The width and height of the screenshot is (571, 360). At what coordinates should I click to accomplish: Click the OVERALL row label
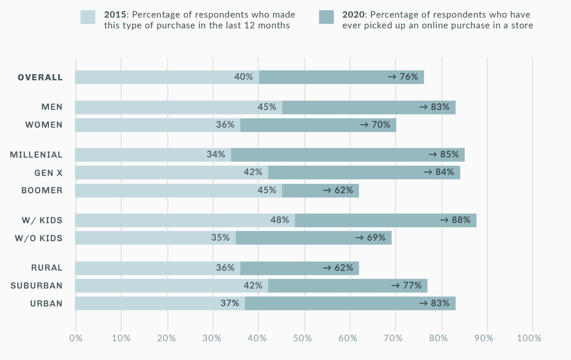click(40, 77)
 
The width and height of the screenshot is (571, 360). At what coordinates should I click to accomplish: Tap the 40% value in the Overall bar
click(244, 77)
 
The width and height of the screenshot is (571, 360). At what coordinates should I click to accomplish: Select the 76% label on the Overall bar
click(409, 77)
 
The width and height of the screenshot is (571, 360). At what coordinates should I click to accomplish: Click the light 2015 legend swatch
click(88, 17)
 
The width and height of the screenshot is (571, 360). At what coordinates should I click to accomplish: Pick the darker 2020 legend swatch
click(326, 17)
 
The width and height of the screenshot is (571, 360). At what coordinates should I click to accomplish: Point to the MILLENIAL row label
click(36, 155)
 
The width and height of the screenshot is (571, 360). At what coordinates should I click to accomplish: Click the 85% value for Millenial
click(449, 154)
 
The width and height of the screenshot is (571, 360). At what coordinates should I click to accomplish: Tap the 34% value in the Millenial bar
click(216, 154)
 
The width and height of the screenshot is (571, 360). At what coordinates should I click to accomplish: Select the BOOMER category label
click(42, 190)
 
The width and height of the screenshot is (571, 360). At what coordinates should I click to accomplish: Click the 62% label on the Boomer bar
click(344, 190)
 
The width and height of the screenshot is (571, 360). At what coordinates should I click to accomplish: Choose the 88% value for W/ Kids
click(461, 220)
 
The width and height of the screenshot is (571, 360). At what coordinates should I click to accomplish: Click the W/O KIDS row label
click(39, 238)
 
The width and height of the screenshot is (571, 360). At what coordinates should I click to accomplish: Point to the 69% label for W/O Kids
click(376, 238)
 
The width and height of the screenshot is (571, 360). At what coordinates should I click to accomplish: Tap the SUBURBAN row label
click(36, 286)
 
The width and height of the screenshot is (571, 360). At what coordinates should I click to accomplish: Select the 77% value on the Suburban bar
click(412, 286)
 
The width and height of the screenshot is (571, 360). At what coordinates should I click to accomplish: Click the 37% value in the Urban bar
click(230, 303)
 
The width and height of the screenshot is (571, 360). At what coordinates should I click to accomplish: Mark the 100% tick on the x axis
click(529, 338)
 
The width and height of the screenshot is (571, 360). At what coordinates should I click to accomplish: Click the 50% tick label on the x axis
click(302, 338)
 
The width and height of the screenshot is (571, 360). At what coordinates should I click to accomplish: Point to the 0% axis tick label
click(76, 338)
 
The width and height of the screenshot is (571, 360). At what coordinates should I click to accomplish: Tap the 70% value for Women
click(381, 125)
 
